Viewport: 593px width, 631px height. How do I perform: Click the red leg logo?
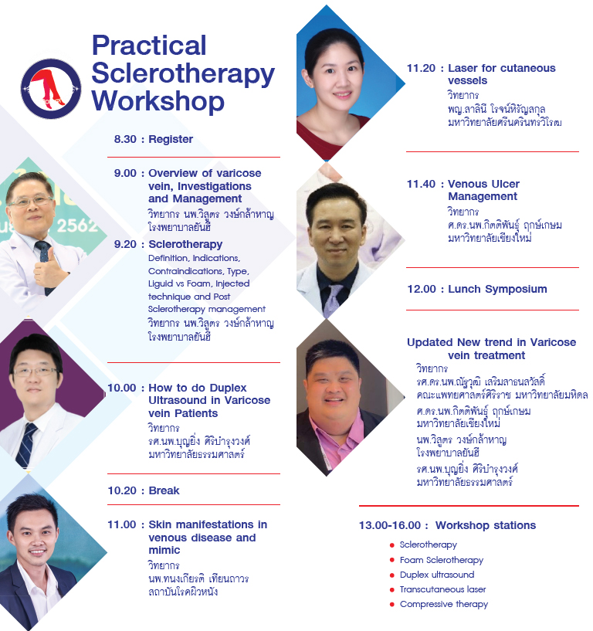pos(51,89)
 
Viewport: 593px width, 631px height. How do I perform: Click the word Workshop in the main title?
pos(158,101)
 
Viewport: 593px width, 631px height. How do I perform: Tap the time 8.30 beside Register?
pos(125,139)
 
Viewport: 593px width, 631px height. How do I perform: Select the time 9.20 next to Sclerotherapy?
pos(125,244)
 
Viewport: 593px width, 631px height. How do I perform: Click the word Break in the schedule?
pos(164,490)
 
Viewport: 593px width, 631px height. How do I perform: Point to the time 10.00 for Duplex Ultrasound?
pos(122,388)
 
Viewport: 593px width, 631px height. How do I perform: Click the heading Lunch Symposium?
pos(498,290)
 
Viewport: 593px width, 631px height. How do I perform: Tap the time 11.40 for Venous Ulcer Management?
pos(422,184)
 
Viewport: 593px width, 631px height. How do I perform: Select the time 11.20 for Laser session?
pos(422,69)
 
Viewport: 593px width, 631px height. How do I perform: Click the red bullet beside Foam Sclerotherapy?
pos(391,560)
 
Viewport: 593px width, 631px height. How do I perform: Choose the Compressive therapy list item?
pos(444,605)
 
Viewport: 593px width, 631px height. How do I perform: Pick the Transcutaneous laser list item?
pos(443,589)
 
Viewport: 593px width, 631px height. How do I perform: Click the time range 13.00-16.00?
pos(390,525)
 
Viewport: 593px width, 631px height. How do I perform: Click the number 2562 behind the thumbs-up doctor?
pos(77,226)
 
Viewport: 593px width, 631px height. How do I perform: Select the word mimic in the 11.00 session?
pos(164,550)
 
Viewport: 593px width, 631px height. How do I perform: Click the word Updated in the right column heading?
pos(430,343)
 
